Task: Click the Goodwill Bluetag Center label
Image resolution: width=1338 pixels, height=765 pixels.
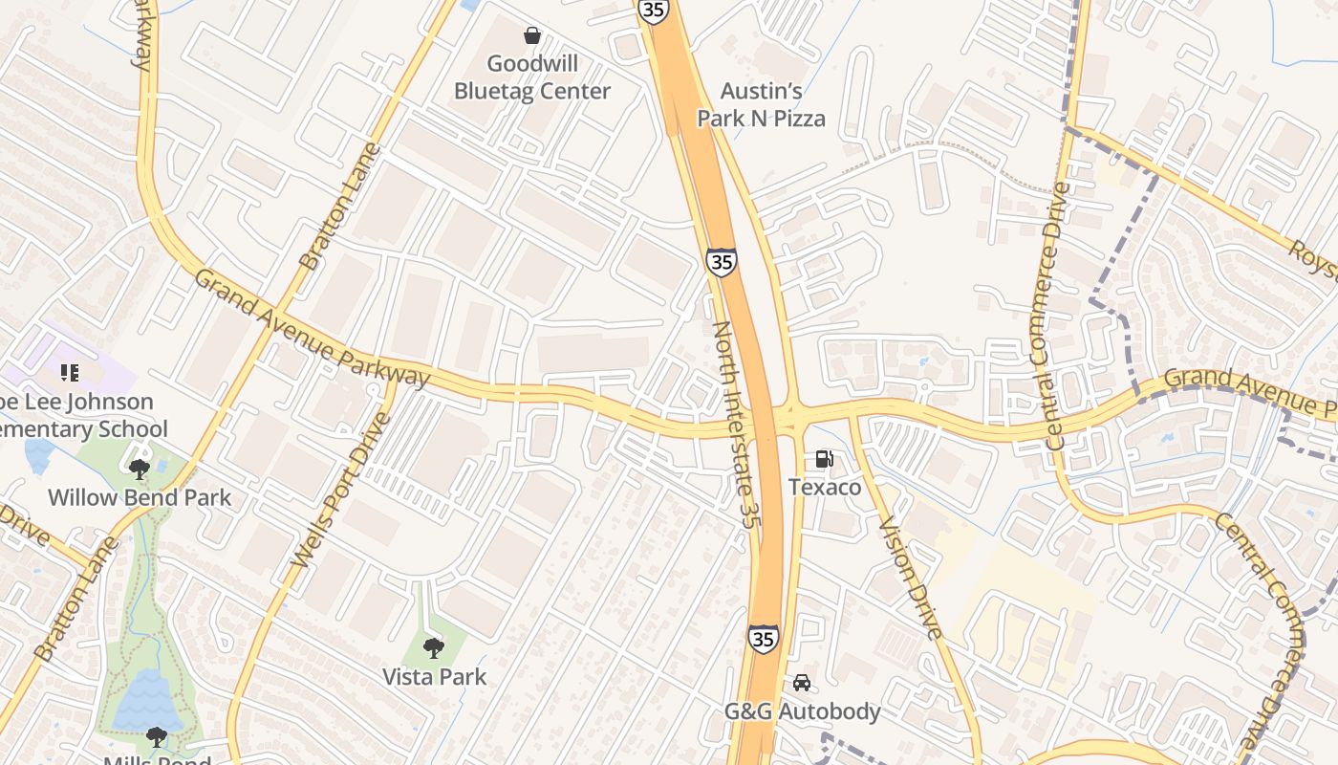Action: point(532,77)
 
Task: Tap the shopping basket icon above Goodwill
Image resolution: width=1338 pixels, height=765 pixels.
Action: point(532,36)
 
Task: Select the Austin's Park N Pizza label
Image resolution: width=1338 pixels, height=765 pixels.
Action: point(761,105)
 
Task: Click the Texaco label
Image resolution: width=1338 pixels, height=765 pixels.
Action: point(825,488)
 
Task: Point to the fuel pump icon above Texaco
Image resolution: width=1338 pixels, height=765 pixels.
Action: point(825,460)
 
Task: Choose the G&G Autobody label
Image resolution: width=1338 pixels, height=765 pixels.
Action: point(802,712)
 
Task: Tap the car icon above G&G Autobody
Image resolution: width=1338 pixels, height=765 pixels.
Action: point(802,683)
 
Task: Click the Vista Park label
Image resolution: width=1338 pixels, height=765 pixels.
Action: point(435,677)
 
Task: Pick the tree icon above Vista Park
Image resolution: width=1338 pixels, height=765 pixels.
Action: point(434,648)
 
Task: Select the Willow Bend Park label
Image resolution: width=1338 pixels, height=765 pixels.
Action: point(140,498)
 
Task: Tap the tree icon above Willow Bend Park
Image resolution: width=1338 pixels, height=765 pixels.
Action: point(140,469)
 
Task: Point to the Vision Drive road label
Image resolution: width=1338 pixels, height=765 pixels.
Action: point(911,578)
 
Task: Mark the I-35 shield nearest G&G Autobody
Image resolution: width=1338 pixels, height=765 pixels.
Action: point(763,639)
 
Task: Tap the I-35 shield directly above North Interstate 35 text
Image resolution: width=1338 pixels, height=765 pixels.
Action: point(722,261)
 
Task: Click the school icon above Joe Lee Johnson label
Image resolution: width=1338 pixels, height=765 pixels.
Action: point(69,372)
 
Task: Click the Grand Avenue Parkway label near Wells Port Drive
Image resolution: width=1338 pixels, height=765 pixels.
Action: point(313,327)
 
